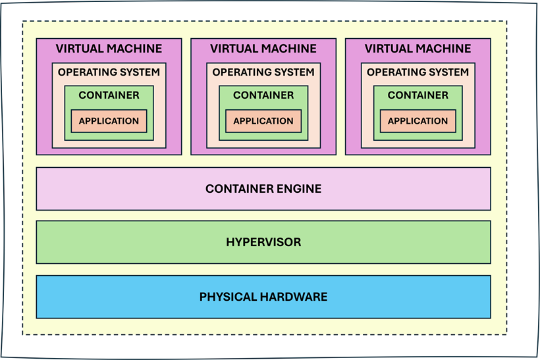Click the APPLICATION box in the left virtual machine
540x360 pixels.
pos(109,121)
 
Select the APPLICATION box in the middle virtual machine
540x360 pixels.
pos(263,121)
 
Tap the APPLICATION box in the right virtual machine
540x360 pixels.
pos(418,121)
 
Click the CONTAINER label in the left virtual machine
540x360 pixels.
pos(109,95)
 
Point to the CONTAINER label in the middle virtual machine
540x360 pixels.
pos(263,95)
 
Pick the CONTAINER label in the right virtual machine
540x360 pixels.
pos(418,95)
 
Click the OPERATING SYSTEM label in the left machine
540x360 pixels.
pos(109,72)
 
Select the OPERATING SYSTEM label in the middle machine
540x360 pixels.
pos(263,72)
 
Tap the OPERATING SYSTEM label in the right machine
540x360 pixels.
pos(418,72)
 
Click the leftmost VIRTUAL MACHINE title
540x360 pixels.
pos(109,49)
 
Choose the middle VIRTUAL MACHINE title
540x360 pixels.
pos(263,49)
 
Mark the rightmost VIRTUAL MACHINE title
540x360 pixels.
pos(418,49)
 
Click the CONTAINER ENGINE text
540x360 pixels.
pos(263,189)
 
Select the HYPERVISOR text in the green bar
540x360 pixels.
pos(263,242)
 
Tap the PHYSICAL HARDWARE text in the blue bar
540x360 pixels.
pos(263,297)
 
